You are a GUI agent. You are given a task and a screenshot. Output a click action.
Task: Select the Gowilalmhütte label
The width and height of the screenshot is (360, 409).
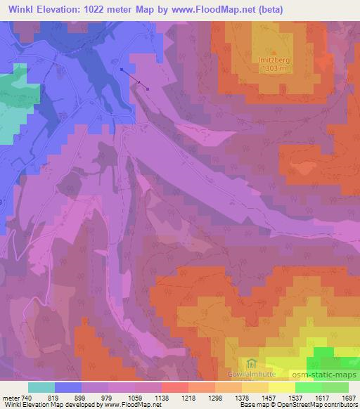(255, 377)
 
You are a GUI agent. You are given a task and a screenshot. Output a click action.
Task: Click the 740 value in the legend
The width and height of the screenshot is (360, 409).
(26, 397)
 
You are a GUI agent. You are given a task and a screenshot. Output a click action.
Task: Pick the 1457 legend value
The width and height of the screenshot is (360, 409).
(267, 397)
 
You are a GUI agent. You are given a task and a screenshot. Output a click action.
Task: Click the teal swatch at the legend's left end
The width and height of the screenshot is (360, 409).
(41, 387)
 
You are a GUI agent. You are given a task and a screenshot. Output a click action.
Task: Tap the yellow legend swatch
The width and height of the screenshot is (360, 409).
(281, 387)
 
